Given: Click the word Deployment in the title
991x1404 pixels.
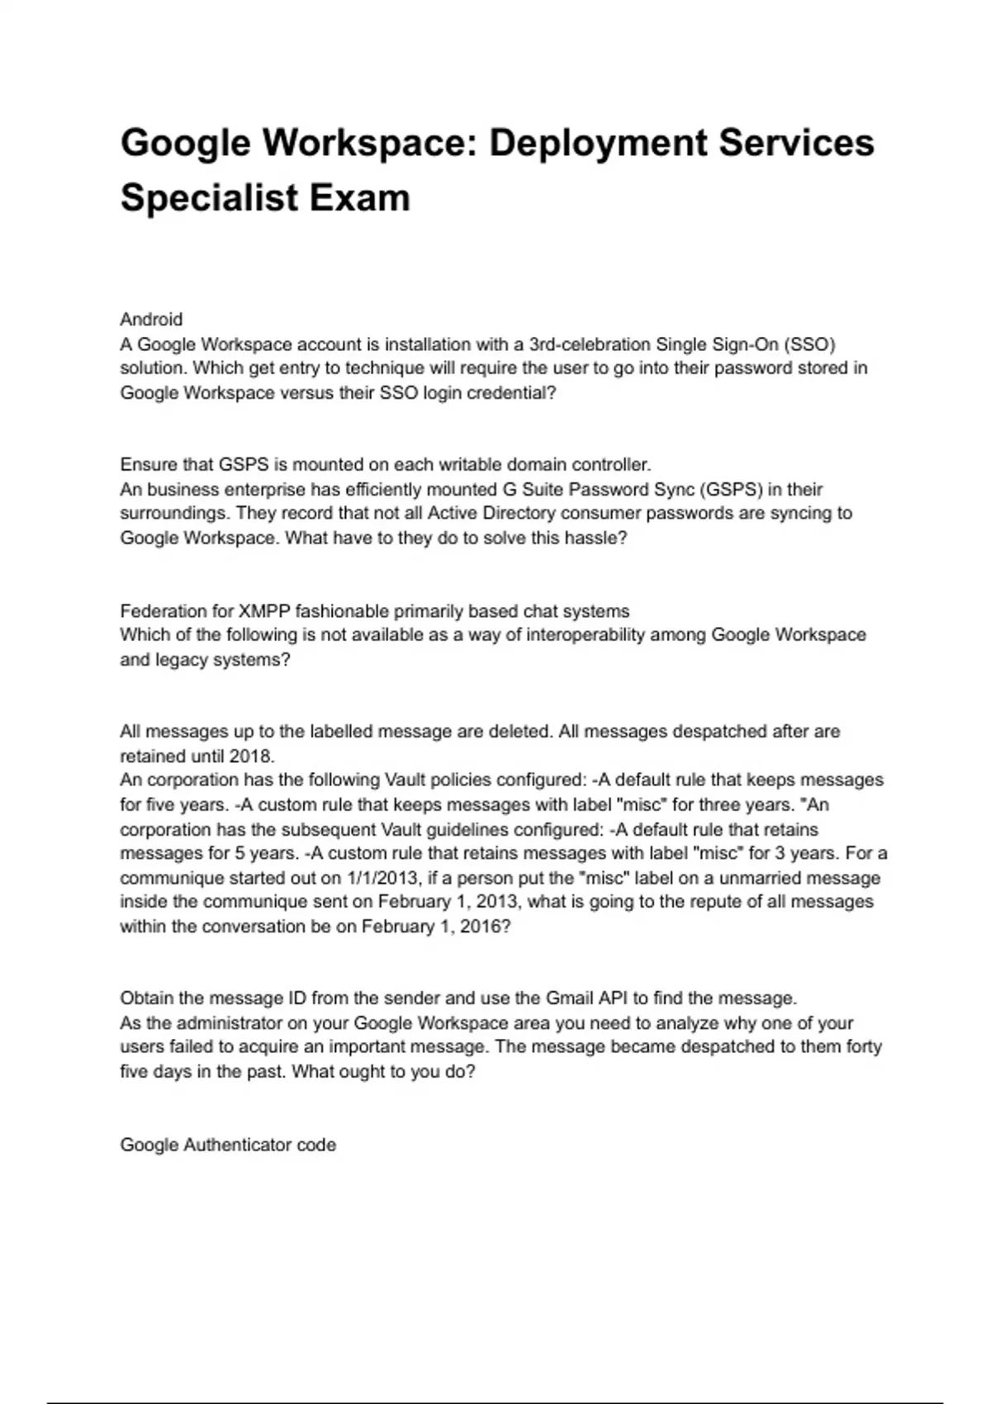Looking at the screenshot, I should [x=597, y=143].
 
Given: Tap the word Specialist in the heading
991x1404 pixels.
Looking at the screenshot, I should [x=209, y=197].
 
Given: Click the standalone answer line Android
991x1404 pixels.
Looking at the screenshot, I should [x=151, y=320].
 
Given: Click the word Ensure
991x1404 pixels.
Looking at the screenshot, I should [x=147, y=464].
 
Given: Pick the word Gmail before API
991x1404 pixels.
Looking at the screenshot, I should [x=570, y=998].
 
